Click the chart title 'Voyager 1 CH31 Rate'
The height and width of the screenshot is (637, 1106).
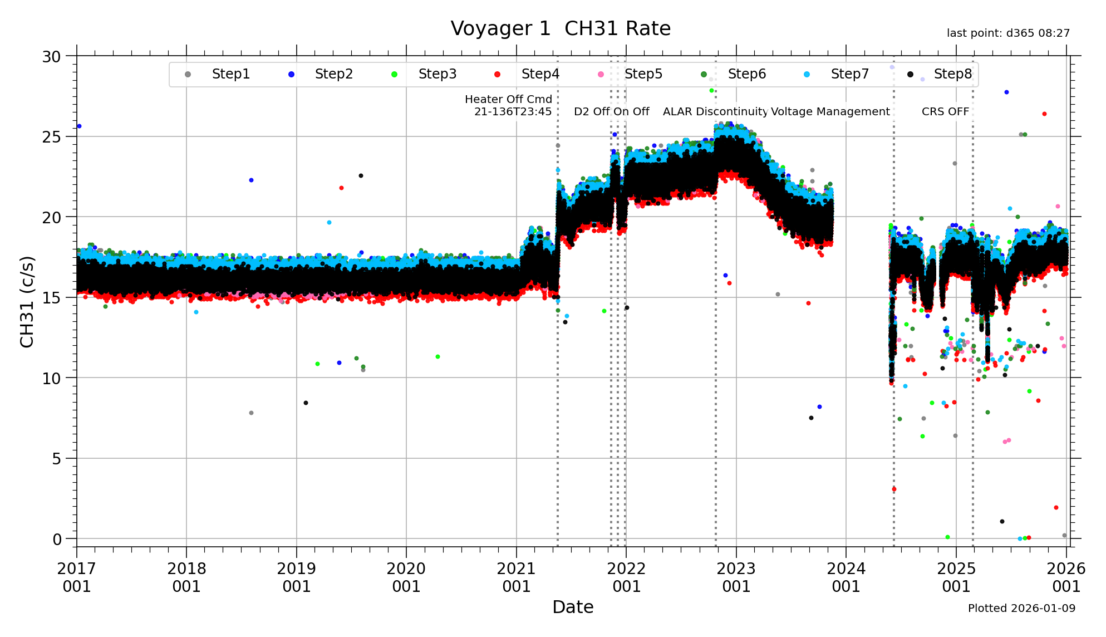pyautogui.click(x=561, y=28)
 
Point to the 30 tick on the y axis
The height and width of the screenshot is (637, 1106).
pyautogui.click(x=52, y=57)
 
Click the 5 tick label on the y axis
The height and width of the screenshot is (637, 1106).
pyautogui.click(x=57, y=459)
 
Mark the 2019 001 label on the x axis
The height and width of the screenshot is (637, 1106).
pyautogui.click(x=296, y=577)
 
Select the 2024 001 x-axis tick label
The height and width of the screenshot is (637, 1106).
pyautogui.click(x=846, y=577)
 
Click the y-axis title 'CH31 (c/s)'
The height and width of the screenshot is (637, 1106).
pyautogui.click(x=27, y=302)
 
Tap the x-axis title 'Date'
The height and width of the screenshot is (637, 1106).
pyautogui.click(x=573, y=607)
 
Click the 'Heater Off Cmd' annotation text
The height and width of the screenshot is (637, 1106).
pyautogui.click(x=508, y=100)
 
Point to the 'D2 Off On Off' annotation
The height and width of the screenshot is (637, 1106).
pyautogui.click(x=611, y=111)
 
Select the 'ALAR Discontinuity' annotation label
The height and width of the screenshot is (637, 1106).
pyautogui.click(x=715, y=111)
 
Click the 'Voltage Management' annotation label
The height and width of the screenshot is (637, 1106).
pyautogui.click(x=830, y=111)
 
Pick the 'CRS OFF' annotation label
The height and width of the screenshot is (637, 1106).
pyautogui.click(x=945, y=111)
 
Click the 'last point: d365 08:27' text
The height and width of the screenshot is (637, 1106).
pyautogui.click(x=1008, y=33)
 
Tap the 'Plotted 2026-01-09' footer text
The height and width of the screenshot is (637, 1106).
pyautogui.click(x=1021, y=608)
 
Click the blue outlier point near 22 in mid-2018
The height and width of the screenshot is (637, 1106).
pyautogui.click(x=251, y=180)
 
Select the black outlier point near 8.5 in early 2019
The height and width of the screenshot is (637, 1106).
pyautogui.click(x=306, y=403)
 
